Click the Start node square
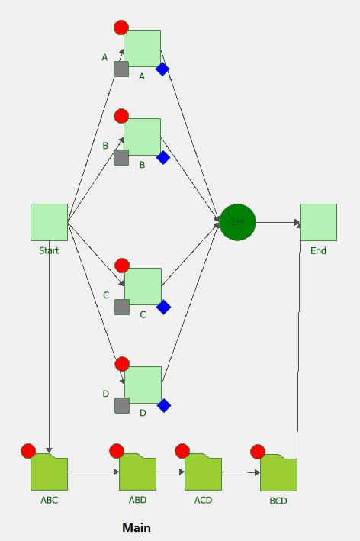click(x=49, y=222)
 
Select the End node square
click(x=318, y=222)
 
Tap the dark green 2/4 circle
click(x=238, y=222)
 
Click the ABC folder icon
click(x=49, y=472)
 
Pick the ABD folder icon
click(x=137, y=472)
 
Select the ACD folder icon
click(x=203, y=472)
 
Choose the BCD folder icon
click(x=278, y=472)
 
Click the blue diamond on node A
click(x=162, y=69)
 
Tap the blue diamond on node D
click(x=164, y=405)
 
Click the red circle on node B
click(x=121, y=116)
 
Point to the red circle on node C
click(x=122, y=266)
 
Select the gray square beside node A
click(x=121, y=69)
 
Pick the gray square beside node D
click(x=122, y=405)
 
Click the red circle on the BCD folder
click(x=258, y=452)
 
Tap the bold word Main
click(x=137, y=528)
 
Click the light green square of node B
click(x=143, y=137)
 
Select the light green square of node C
click(x=143, y=286)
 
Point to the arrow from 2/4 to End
click(x=278, y=223)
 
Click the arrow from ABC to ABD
click(x=94, y=472)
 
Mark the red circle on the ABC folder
click(x=28, y=451)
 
